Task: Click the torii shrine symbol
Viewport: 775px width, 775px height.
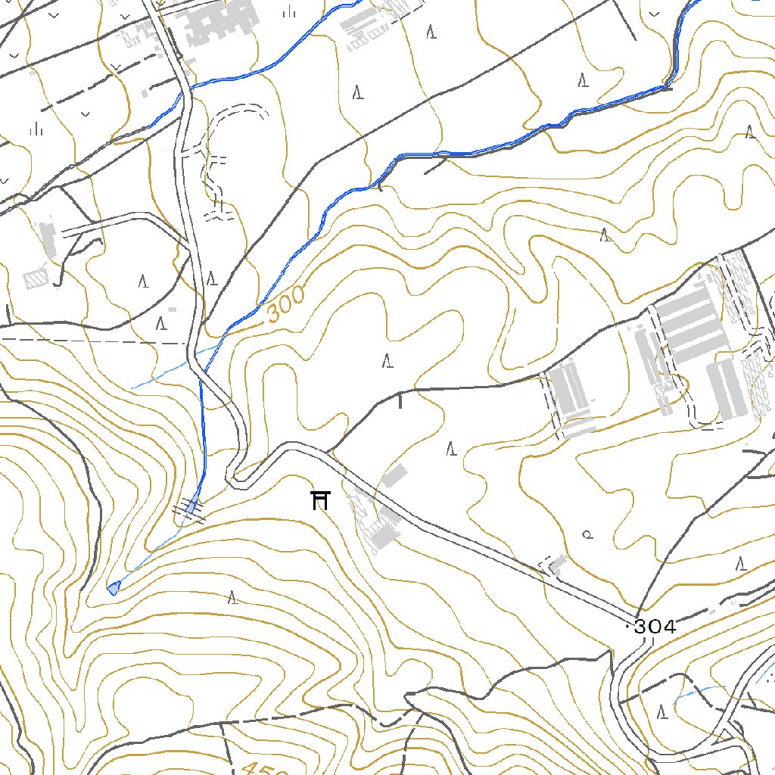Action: [321, 500]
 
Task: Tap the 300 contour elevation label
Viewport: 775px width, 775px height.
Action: [286, 305]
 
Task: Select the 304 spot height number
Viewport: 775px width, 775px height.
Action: [655, 627]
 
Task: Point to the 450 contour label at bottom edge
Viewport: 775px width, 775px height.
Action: [265, 768]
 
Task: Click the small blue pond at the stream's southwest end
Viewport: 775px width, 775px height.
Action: [114, 588]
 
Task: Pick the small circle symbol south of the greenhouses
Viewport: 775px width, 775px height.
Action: [587, 534]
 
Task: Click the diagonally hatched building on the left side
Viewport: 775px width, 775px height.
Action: [36, 279]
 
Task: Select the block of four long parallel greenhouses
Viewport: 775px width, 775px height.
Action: [689, 325]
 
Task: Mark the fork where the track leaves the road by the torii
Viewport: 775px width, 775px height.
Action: [329, 453]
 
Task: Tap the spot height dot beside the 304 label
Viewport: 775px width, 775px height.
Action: [628, 627]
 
